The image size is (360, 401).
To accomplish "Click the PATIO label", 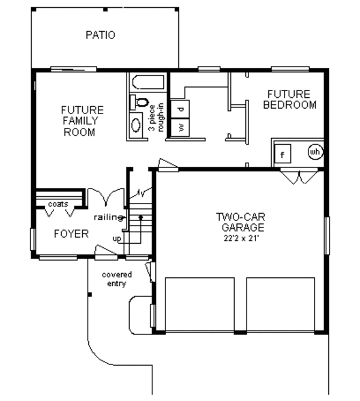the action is point(100,35).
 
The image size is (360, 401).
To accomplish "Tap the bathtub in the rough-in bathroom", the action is point(148,82).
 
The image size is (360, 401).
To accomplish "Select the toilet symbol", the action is point(139,102).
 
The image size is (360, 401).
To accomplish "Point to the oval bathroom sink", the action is point(136,125).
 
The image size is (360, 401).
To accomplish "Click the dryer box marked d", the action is point(180,109).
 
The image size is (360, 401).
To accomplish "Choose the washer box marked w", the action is point(180,127).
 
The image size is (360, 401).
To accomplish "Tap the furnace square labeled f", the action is point(283,154).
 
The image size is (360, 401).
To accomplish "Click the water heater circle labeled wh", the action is point(315,152).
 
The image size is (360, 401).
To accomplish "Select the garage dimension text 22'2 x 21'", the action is point(241,238).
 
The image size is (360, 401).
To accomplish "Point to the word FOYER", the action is point(71,234).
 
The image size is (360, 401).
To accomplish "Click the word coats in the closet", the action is point(58,204).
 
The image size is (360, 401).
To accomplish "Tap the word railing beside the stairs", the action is point(108,217).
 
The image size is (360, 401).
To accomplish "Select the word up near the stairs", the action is point(117,239).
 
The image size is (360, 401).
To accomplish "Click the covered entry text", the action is point(117,279).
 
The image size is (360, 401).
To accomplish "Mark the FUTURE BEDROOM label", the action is point(289,100).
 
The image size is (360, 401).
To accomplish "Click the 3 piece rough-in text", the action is point(156,118).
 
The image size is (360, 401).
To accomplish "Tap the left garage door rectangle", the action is point(200,304).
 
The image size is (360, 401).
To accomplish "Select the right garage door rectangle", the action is point(280,304).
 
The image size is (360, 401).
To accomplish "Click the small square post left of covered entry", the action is point(90,295).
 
